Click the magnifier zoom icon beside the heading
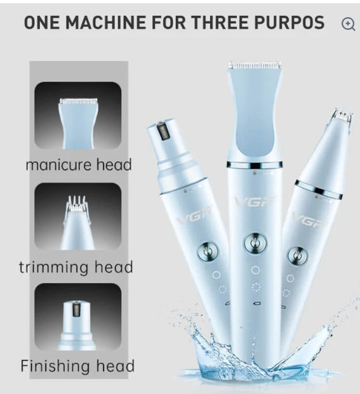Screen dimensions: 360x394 tap(349, 24)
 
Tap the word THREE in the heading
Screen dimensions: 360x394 tap(220, 22)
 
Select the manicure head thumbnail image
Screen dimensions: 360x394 tap(78, 115)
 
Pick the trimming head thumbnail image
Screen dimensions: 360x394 tap(78, 216)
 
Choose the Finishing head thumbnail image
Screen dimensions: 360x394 tap(78, 317)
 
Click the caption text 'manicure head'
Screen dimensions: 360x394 tap(79, 165)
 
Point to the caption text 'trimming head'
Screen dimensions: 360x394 tap(76, 267)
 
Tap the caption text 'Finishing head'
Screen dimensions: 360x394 tap(77, 366)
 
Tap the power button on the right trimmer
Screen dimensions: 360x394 tap(298, 256)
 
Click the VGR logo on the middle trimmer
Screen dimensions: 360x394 tap(254, 202)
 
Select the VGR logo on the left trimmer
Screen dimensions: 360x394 tap(194, 215)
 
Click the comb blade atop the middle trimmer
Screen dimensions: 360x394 tap(255, 65)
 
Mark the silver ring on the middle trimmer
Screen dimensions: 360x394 tap(255, 165)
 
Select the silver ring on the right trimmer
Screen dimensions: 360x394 tap(319, 190)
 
